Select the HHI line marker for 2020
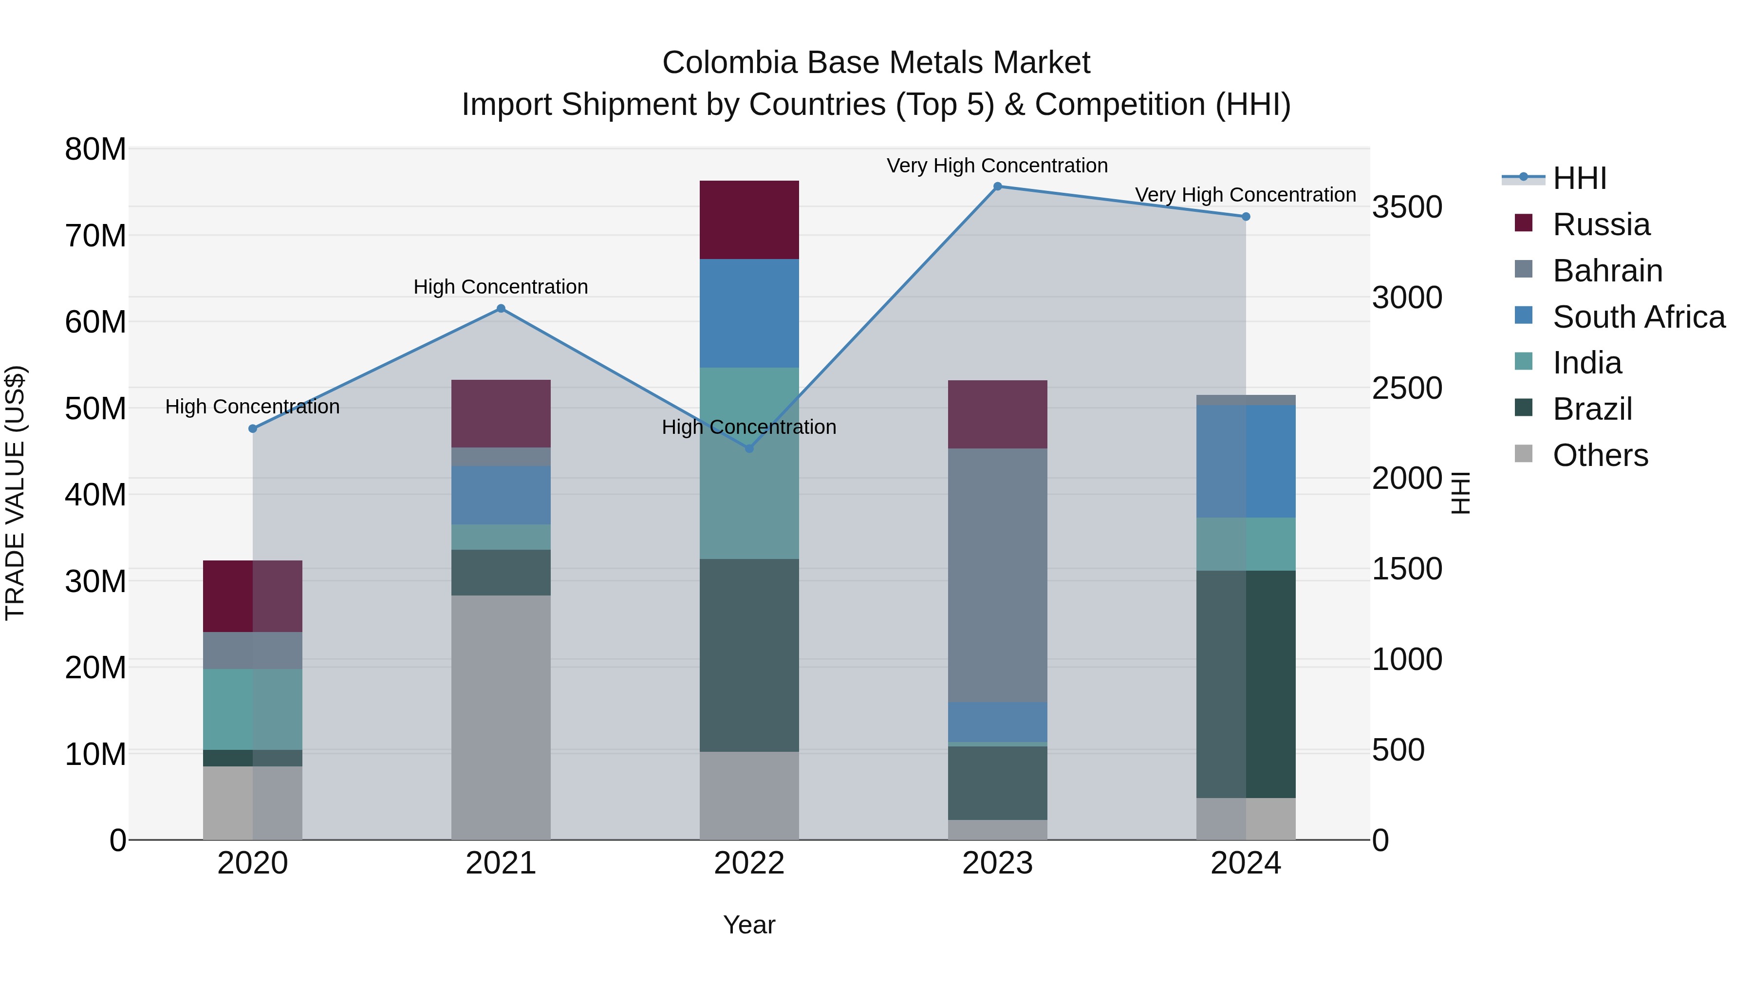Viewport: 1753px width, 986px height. (252, 428)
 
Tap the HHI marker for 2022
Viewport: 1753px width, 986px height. (749, 448)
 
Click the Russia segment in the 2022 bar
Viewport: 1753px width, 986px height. (749, 220)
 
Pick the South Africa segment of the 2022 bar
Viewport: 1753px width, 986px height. (749, 313)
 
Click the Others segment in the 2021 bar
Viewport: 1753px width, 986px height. (501, 717)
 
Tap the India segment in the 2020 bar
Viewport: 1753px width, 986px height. (252, 709)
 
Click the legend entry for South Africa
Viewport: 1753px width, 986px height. (1638, 317)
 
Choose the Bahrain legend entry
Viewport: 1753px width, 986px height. (1607, 271)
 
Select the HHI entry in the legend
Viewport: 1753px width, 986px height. (1579, 178)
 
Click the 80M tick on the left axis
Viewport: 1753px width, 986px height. (95, 149)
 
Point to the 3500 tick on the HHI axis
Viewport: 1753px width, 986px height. (1407, 207)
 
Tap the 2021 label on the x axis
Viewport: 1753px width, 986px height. (501, 863)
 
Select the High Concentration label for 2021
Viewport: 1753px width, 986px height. (501, 287)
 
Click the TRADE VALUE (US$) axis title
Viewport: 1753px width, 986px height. (16, 493)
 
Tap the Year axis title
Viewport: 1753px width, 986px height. (749, 925)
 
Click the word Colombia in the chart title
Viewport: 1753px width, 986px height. (729, 63)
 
